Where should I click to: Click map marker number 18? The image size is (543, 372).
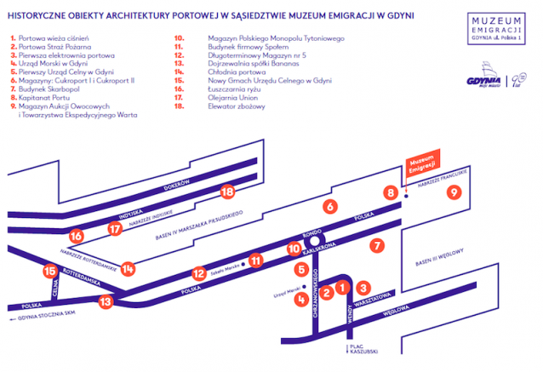click(227, 192)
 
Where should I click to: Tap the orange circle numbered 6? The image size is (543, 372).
click(329, 205)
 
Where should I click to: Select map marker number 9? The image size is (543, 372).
click(454, 193)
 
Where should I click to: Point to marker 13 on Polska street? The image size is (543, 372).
click(106, 300)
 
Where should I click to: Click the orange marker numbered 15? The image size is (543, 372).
click(49, 272)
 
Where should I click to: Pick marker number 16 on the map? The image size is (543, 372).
click(77, 235)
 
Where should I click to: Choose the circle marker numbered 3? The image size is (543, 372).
click(363, 288)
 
